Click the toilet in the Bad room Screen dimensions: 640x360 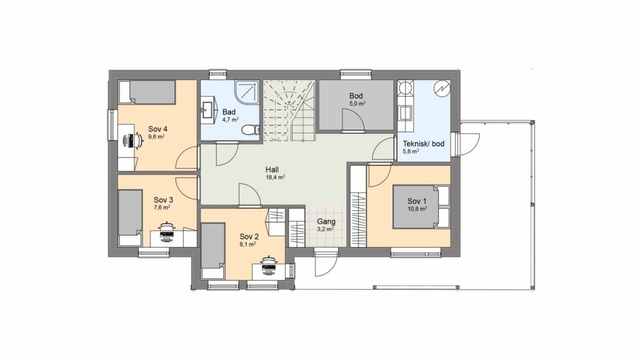[250, 130]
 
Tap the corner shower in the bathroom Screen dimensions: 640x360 [247, 92]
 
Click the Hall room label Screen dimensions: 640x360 [272, 169]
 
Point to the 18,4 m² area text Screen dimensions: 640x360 [275, 177]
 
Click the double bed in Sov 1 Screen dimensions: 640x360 [421, 206]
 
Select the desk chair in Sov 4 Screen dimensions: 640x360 [133, 141]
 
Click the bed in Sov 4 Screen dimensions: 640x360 [147, 92]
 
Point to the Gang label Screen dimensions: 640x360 [326, 222]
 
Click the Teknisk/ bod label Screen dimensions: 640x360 [424, 144]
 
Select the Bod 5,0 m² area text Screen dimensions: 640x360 [357, 104]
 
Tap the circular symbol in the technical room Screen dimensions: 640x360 [442, 89]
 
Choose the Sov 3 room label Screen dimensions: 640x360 [163, 200]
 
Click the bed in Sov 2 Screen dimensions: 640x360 [214, 251]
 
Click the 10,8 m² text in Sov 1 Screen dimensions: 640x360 [417, 209]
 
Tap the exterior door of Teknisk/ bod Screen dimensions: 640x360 [467, 144]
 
